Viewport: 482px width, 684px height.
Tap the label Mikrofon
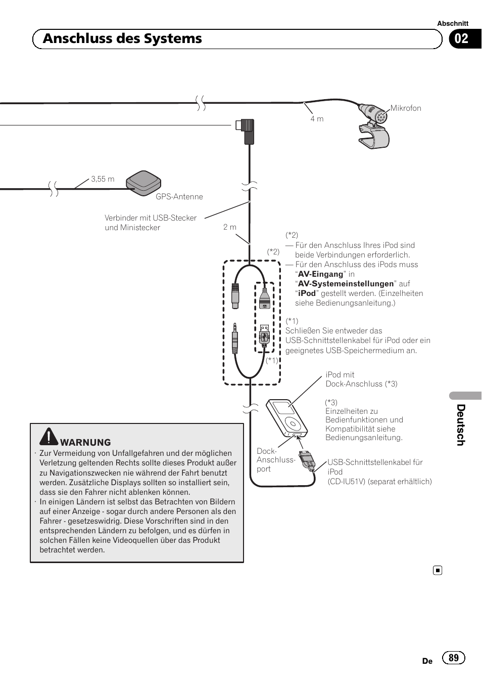point(405,108)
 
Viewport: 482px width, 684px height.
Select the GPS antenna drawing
point(143,183)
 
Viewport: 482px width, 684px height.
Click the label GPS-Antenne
point(179,197)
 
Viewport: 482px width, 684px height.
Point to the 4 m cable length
point(317,119)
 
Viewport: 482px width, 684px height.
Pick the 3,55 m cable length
point(103,179)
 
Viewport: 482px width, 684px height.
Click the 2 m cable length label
point(230,227)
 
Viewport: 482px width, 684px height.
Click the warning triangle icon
point(49,437)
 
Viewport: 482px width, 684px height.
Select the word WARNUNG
point(85,443)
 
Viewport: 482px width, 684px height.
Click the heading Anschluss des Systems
point(122,39)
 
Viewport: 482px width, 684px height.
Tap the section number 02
point(461,39)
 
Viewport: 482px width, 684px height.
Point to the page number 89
point(454,657)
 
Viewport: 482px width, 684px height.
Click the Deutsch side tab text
point(461,425)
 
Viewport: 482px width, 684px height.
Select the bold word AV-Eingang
point(320,274)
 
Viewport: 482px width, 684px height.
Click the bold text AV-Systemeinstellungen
point(346,284)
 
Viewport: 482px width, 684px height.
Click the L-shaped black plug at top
point(246,131)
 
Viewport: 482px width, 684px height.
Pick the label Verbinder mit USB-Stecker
point(151,218)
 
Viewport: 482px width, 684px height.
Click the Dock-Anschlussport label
point(275,460)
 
